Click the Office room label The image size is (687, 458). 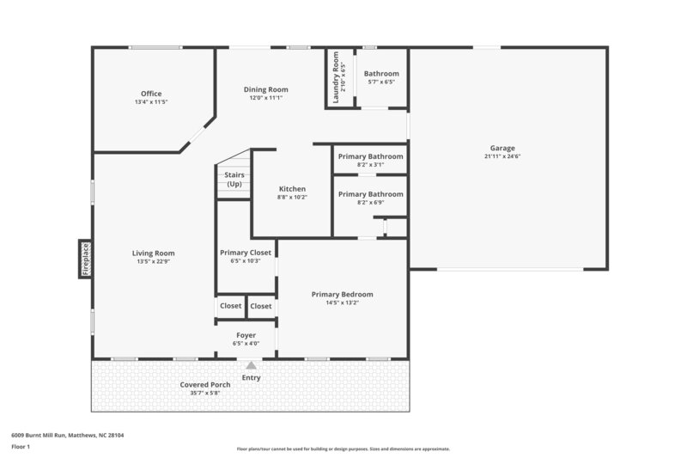coord(151,94)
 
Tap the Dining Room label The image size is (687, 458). coord(266,89)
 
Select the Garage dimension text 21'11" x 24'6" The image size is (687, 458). coord(502,156)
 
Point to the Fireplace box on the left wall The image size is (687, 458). coord(85,258)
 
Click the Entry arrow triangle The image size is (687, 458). coord(251,365)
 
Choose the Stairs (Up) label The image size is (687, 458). coord(234,179)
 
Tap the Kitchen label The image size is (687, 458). coord(292,189)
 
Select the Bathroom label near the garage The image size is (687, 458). coord(381,74)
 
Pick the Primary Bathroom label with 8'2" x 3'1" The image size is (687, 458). coord(370,156)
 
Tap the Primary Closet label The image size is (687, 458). coord(246,253)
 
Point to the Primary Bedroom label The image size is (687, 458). coord(342,294)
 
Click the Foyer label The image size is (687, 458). coord(246,335)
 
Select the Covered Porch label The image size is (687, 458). coord(204,384)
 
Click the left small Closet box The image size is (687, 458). coord(230,306)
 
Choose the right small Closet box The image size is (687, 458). coord(261,306)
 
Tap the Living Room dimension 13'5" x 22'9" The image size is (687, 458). coord(153,262)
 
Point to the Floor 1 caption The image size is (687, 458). coord(21,447)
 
